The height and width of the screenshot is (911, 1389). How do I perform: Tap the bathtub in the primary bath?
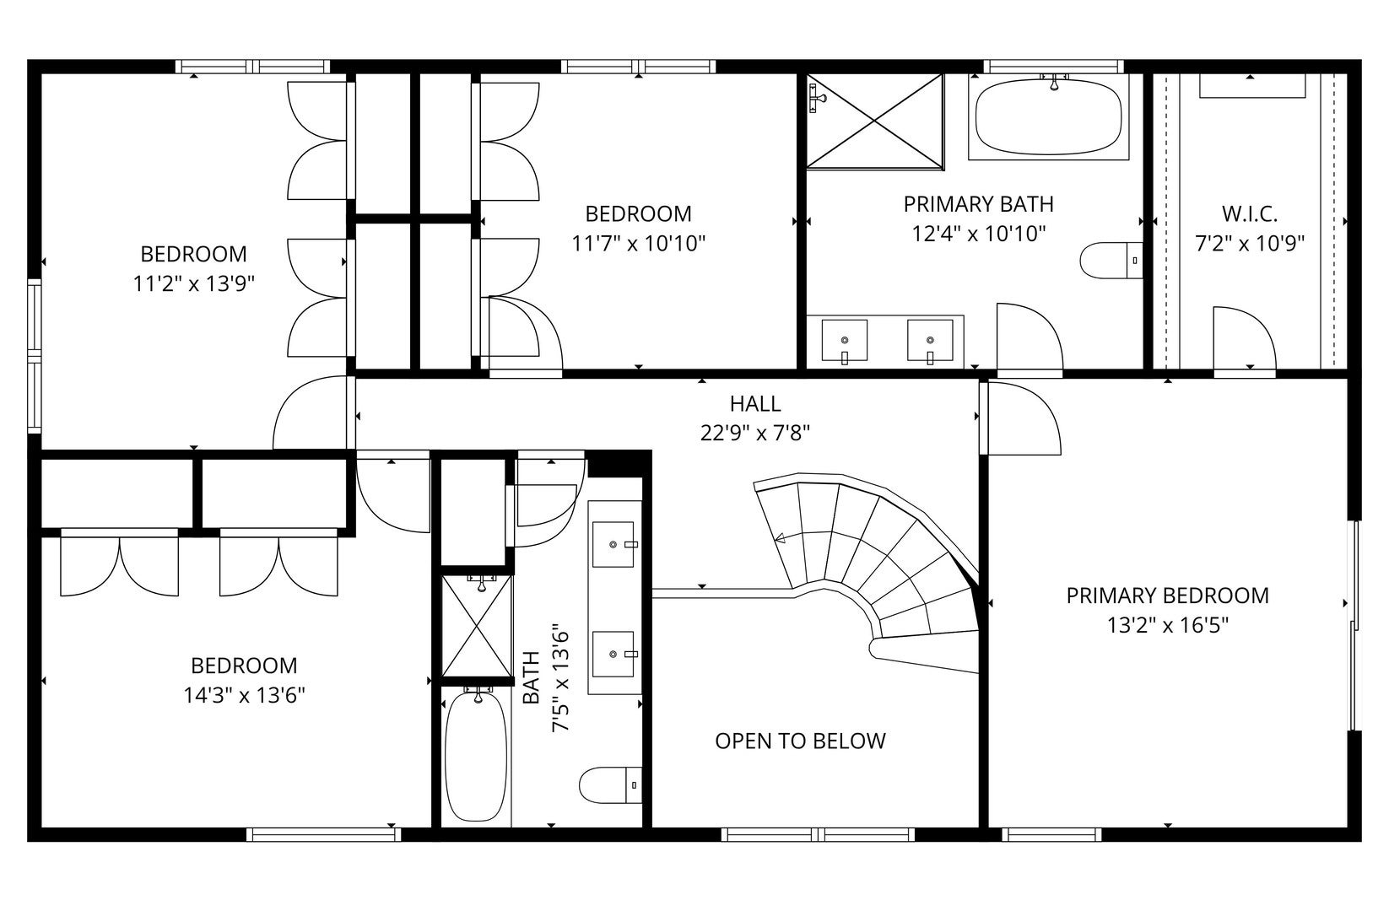pyautogui.click(x=1049, y=116)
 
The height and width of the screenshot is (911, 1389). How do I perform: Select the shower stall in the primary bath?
pyautogui.click(x=874, y=120)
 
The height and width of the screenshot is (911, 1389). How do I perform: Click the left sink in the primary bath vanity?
pyautogui.click(x=844, y=340)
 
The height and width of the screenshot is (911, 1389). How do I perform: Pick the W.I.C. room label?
pyautogui.click(x=1250, y=213)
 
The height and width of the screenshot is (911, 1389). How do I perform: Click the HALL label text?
pyautogui.click(x=755, y=404)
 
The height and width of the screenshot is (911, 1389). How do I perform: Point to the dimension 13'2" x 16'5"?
pyautogui.click(x=1167, y=626)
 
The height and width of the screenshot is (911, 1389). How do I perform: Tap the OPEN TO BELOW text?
pyautogui.click(x=800, y=741)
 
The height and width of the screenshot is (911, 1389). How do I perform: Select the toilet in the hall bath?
pyautogui.click(x=610, y=784)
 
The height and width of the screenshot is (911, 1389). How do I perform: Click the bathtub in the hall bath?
pyautogui.click(x=476, y=755)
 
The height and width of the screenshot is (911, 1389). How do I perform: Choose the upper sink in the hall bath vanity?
pyautogui.click(x=615, y=544)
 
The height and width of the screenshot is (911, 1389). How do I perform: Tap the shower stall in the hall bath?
pyautogui.click(x=477, y=625)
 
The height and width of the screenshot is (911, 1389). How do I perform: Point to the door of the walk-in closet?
pyautogui.click(x=1244, y=338)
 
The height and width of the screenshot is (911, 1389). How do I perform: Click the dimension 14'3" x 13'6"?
pyautogui.click(x=244, y=696)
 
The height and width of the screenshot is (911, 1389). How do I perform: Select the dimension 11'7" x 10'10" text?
pyautogui.click(x=638, y=244)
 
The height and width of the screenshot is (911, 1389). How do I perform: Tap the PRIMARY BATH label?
pyautogui.click(x=978, y=204)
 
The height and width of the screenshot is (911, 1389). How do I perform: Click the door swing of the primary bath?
pyautogui.click(x=1029, y=337)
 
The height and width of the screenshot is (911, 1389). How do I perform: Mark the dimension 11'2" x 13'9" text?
pyautogui.click(x=194, y=284)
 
